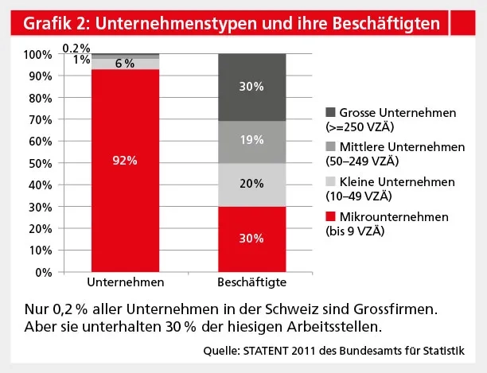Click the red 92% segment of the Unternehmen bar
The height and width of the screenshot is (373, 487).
[125, 170]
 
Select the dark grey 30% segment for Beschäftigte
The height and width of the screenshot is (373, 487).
[251, 87]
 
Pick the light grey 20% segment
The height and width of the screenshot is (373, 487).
[251, 185]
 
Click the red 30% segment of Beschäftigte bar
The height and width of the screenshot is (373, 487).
[251, 239]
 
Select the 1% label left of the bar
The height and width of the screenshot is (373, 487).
[80, 60]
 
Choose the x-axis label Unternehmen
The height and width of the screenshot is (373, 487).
[125, 283]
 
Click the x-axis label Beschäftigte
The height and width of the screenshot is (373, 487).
[251, 283]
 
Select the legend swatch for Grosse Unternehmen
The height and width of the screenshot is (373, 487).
[330, 113]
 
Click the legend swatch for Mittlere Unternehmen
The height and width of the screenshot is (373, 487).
[330, 147]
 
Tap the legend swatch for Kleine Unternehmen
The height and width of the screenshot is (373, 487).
[330, 181]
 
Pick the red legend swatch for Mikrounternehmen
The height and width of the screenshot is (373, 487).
[330, 216]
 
